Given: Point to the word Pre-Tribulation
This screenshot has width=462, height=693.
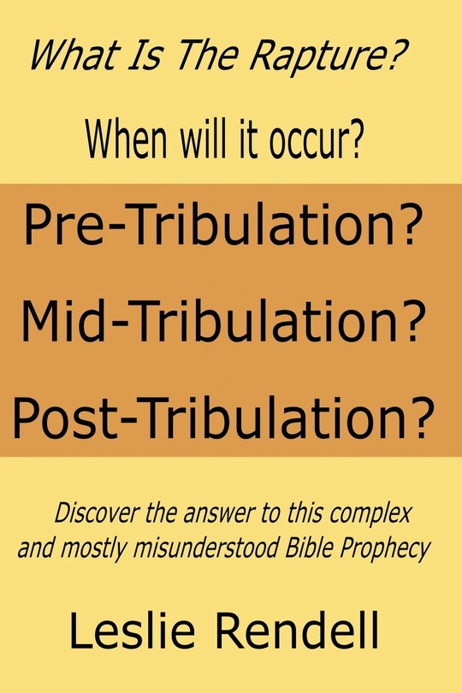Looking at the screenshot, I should coord(210,228).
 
